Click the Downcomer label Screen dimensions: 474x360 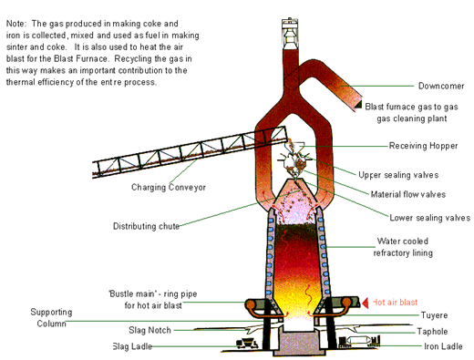click(x=441, y=86)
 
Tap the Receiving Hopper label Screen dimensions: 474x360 click(x=423, y=146)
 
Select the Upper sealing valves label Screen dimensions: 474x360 click(x=398, y=175)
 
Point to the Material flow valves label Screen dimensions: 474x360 click(x=408, y=194)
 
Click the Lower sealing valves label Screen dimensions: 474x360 click(x=430, y=218)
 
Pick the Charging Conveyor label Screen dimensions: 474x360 click(x=169, y=187)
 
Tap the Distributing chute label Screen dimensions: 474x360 click(x=146, y=226)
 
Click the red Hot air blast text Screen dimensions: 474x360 click(x=395, y=303)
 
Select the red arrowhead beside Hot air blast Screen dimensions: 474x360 click(x=365, y=303)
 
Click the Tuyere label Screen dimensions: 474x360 click(x=434, y=315)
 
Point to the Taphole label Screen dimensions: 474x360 click(x=432, y=331)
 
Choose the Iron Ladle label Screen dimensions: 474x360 click(x=443, y=346)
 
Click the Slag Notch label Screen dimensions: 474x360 click(x=149, y=330)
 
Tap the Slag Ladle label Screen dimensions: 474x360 click(x=132, y=346)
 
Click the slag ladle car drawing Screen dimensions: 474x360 click(x=247, y=344)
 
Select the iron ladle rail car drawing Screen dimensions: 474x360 click(x=359, y=342)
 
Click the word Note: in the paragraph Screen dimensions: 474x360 click(x=16, y=24)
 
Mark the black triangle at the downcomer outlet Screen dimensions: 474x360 click(x=358, y=105)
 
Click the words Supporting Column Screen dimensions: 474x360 click(x=51, y=318)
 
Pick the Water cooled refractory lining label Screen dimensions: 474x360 click(x=403, y=247)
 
